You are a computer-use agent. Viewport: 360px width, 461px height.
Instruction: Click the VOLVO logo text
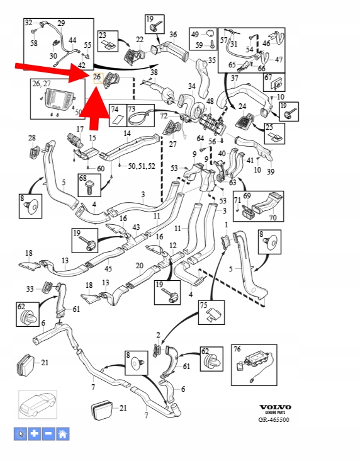[275, 407]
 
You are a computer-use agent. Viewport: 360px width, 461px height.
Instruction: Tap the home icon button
[62, 434]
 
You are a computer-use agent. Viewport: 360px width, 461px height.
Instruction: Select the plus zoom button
[35, 434]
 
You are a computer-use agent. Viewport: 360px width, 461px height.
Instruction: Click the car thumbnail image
[38, 404]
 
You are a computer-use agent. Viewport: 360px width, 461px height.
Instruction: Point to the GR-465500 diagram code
[274, 419]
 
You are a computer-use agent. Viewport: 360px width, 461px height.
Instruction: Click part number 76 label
[237, 349]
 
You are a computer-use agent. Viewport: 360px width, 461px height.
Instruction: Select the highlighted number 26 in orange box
[98, 77]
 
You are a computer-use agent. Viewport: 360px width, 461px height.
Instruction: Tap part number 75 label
[204, 305]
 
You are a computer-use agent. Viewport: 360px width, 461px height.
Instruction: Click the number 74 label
[115, 110]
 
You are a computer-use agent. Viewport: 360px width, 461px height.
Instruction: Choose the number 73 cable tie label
[132, 109]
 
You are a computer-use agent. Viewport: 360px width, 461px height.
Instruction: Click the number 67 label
[268, 77]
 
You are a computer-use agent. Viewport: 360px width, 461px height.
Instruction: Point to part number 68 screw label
[83, 178]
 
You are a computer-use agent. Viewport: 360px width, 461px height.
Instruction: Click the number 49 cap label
[195, 35]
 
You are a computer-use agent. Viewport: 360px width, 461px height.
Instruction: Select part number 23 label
[102, 35]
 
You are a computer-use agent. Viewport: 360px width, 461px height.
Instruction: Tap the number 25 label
[269, 127]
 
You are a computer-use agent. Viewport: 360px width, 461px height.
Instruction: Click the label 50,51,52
[142, 166]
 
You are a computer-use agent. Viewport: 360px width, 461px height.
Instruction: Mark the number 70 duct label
[273, 217]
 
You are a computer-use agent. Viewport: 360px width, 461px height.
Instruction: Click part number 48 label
[210, 101]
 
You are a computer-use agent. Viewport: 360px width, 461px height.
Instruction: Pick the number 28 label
[31, 137]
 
